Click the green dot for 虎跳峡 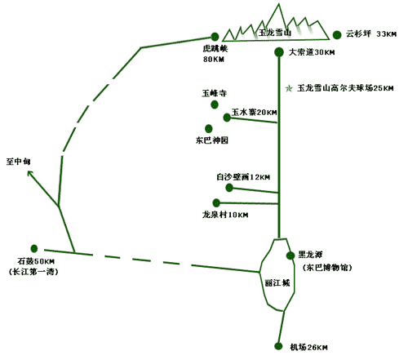(x=215, y=37)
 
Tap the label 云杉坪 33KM (x=371, y=33)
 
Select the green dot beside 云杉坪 (x=337, y=35)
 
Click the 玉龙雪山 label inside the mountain (x=275, y=33)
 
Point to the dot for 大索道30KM (x=279, y=52)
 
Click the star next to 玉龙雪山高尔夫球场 (x=289, y=88)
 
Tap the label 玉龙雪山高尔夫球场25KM (x=345, y=88)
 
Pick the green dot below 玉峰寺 (x=215, y=104)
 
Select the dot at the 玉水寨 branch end (x=227, y=118)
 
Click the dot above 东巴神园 (x=209, y=128)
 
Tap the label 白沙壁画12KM (x=243, y=177)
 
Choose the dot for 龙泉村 (x=216, y=202)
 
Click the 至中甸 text (x=18, y=162)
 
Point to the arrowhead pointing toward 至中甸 (x=29, y=172)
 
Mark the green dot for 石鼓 (x=34, y=248)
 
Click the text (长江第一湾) (x=33, y=272)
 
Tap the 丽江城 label (x=277, y=283)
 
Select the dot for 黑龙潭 (x=290, y=256)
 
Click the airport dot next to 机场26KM (x=278, y=346)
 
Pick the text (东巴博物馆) (x=327, y=268)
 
